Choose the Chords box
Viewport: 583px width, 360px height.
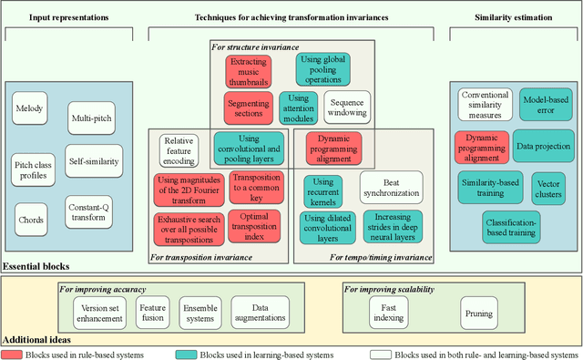30,220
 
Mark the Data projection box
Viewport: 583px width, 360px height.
544,146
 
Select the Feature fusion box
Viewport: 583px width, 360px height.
152,314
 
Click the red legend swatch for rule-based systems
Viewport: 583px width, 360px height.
15,354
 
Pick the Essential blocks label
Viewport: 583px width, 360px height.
35,267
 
